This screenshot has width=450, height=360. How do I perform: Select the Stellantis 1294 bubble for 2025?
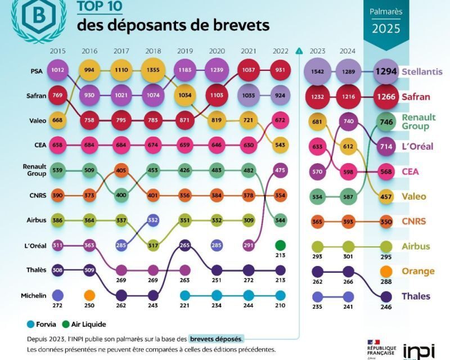[x=386, y=71]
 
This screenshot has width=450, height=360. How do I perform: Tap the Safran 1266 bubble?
[x=386, y=96]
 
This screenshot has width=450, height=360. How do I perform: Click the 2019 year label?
[x=185, y=51]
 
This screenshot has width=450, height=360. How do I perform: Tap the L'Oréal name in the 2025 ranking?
[x=417, y=146]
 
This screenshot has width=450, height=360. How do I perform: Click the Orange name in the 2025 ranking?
[x=418, y=271]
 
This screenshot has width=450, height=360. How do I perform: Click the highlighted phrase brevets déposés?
[x=217, y=339]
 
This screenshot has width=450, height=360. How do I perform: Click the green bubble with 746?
[x=386, y=121]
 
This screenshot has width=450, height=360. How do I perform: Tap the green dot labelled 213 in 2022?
[x=280, y=245]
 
